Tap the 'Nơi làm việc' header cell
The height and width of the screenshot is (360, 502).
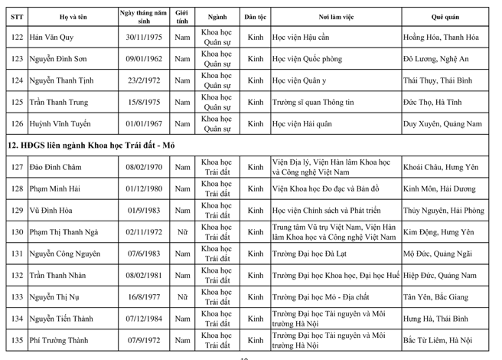(x=335, y=16)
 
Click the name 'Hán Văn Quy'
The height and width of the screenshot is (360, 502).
(x=53, y=38)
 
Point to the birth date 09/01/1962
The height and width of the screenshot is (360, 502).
(x=138, y=59)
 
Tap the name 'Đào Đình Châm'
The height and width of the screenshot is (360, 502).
(x=56, y=167)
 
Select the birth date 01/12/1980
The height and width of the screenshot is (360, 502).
(x=138, y=188)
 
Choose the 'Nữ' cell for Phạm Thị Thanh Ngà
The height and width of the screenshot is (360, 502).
(x=182, y=231)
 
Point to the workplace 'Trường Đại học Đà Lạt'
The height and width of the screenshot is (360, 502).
(x=312, y=253)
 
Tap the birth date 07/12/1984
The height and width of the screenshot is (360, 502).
(x=138, y=318)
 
